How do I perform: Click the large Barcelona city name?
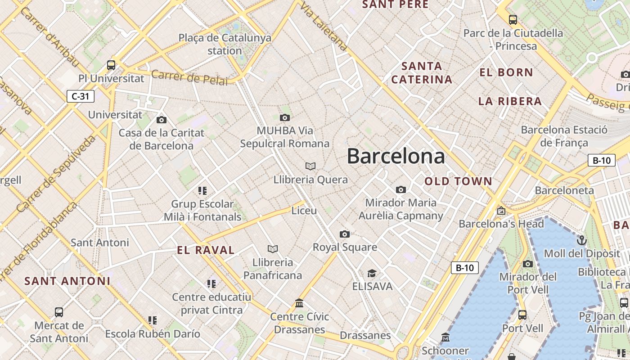[x=396, y=156]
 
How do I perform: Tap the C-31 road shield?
[x=81, y=96]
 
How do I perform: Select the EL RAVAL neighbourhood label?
[x=206, y=250]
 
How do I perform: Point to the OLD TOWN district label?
[x=459, y=181]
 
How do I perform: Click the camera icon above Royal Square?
[x=345, y=234]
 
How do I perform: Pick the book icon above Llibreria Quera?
[x=310, y=166]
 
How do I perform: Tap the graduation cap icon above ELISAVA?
[x=372, y=273]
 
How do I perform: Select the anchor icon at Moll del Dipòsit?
[x=582, y=240]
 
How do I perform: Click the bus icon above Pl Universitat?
[x=111, y=65]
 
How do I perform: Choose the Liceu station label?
[x=304, y=211]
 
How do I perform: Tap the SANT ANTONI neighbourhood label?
[x=67, y=281]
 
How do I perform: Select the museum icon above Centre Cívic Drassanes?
[x=299, y=303]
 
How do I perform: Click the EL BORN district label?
[x=506, y=72]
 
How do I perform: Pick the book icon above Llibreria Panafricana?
[x=273, y=249]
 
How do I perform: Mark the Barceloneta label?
[x=564, y=190]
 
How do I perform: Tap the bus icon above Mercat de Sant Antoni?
[x=59, y=312]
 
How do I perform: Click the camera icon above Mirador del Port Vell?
[x=528, y=264]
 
